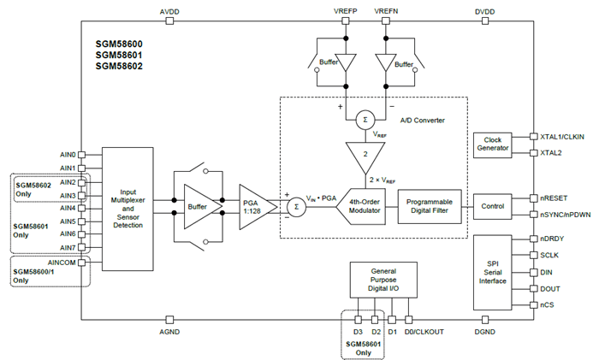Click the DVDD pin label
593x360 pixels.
click(x=486, y=11)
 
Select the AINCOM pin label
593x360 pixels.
click(x=66, y=263)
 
